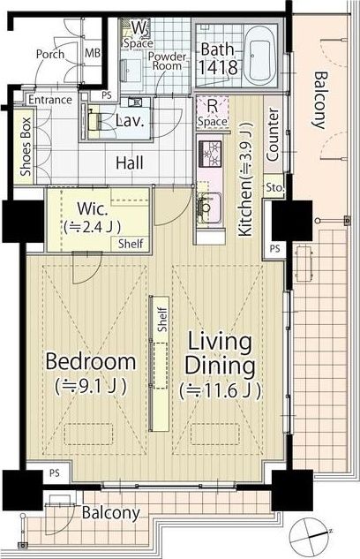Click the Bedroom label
click(91, 361)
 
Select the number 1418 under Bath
click(218, 67)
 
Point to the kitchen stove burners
click(210, 154)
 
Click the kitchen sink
click(209, 208)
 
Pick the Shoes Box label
click(26, 147)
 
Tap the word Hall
click(130, 162)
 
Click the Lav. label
click(130, 121)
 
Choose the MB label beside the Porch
click(93, 53)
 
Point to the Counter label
click(273, 135)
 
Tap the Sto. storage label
click(275, 187)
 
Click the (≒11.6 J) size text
click(220, 390)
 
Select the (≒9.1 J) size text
click(91, 386)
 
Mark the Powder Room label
click(167, 61)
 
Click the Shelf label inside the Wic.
click(131, 244)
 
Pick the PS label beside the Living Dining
click(275, 248)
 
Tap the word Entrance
click(50, 100)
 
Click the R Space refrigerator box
click(213, 112)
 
